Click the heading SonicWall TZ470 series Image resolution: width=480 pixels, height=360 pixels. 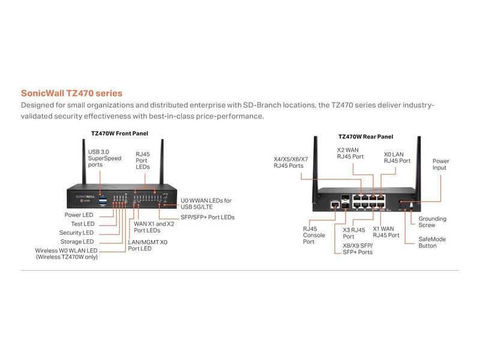pos(71,94)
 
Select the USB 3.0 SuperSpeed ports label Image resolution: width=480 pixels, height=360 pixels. pos(103,158)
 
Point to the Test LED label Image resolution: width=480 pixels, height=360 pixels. pos(82,224)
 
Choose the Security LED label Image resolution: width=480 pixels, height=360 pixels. pos(76,233)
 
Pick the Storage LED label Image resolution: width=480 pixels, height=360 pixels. pos(77,242)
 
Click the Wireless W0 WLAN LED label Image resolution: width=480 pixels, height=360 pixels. pos(66,250)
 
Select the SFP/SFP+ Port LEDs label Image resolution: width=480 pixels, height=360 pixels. pos(207,217)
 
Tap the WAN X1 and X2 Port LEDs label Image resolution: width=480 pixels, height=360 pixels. pos(154,227)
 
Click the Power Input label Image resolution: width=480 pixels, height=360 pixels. pos(440,165)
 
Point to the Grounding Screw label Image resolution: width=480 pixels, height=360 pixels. pos(431,222)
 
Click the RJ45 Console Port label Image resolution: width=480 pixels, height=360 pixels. pos(314,235)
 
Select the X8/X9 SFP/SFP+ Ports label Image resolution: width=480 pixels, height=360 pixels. pos(356,248)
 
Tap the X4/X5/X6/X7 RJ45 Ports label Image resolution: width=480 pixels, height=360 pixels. pos(290,163)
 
